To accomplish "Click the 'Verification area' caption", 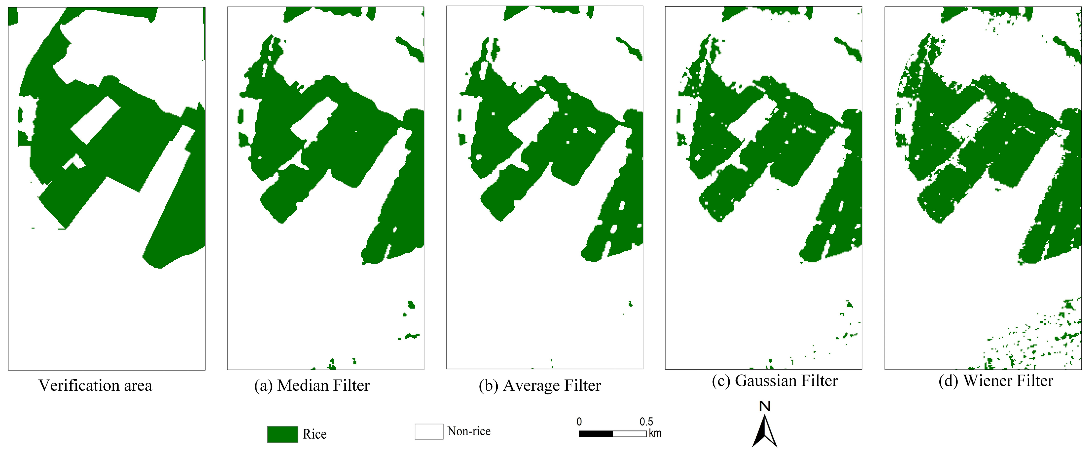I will (x=95, y=385).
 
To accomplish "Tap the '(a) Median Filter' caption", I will (x=312, y=385).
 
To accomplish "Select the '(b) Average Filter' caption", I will (x=540, y=385).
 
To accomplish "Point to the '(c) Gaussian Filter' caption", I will (x=775, y=381).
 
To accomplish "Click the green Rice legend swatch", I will (x=283, y=434).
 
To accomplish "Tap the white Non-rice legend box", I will (x=429, y=431).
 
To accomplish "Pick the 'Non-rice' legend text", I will (x=469, y=431).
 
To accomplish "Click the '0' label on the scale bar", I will (x=579, y=422).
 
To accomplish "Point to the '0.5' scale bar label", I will (x=646, y=422).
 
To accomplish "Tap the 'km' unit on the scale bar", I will (x=655, y=433).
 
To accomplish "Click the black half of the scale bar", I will (x=596, y=434).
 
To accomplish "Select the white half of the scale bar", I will (x=629, y=434).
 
